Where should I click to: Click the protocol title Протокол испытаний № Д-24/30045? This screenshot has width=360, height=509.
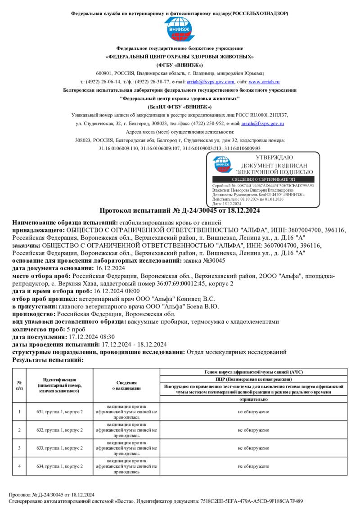pos(180,210)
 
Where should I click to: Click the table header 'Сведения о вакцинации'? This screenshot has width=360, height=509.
pos(126,385)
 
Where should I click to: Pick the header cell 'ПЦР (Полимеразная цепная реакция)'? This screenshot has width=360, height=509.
pos(254,380)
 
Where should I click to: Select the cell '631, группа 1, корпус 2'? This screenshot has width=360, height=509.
pos(60,412)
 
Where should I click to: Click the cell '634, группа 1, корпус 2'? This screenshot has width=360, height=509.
pos(60,466)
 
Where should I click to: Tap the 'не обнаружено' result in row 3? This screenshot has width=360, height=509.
pos(254,448)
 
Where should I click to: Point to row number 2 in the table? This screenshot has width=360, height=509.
pos(19,430)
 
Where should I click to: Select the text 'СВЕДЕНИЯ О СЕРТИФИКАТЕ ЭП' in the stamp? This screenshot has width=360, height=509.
pos(263,179)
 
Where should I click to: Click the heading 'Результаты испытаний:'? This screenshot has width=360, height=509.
pos(48,360)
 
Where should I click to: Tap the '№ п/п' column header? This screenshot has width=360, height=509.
pos(19,385)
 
